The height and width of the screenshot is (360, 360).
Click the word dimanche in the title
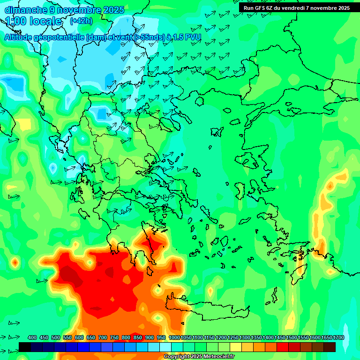pos(24,10)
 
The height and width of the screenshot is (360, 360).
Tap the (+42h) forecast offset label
pos(81,21)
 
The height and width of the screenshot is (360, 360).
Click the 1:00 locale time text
pos(34,21)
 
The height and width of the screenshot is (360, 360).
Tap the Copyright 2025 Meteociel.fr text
pos(199,356)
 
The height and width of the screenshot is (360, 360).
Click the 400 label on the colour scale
pos(32,337)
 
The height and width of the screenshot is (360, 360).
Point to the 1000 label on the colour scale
pos(174,337)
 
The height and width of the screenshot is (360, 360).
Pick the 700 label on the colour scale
pos(103,337)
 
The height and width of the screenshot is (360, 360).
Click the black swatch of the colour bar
pos(25,347)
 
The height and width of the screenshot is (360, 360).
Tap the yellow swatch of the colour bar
pos(236,347)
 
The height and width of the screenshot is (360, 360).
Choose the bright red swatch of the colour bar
pos(283,347)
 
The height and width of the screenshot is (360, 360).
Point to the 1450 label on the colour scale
pos(280,337)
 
